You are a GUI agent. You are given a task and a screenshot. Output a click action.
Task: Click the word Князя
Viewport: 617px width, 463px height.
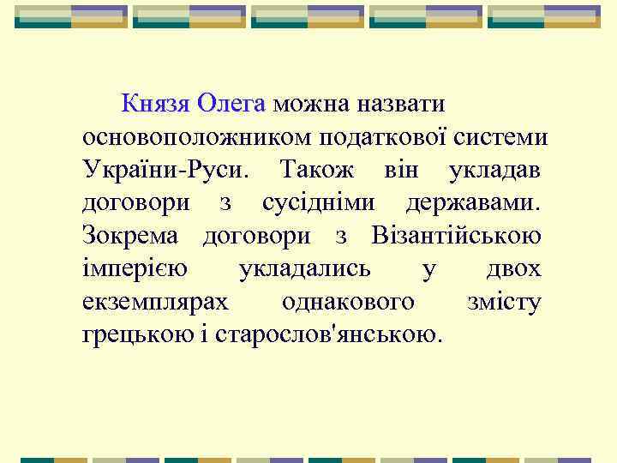pyautogui.click(x=155, y=104)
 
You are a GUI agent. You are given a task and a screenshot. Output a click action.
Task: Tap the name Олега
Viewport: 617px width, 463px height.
pyautogui.click(x=231, y=104)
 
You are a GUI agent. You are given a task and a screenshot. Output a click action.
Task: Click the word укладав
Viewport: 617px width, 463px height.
pyautogui.click(x=494, y=169)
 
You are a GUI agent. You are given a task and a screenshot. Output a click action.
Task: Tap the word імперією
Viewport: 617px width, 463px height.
pyautogui.click(x=135, y=268)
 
